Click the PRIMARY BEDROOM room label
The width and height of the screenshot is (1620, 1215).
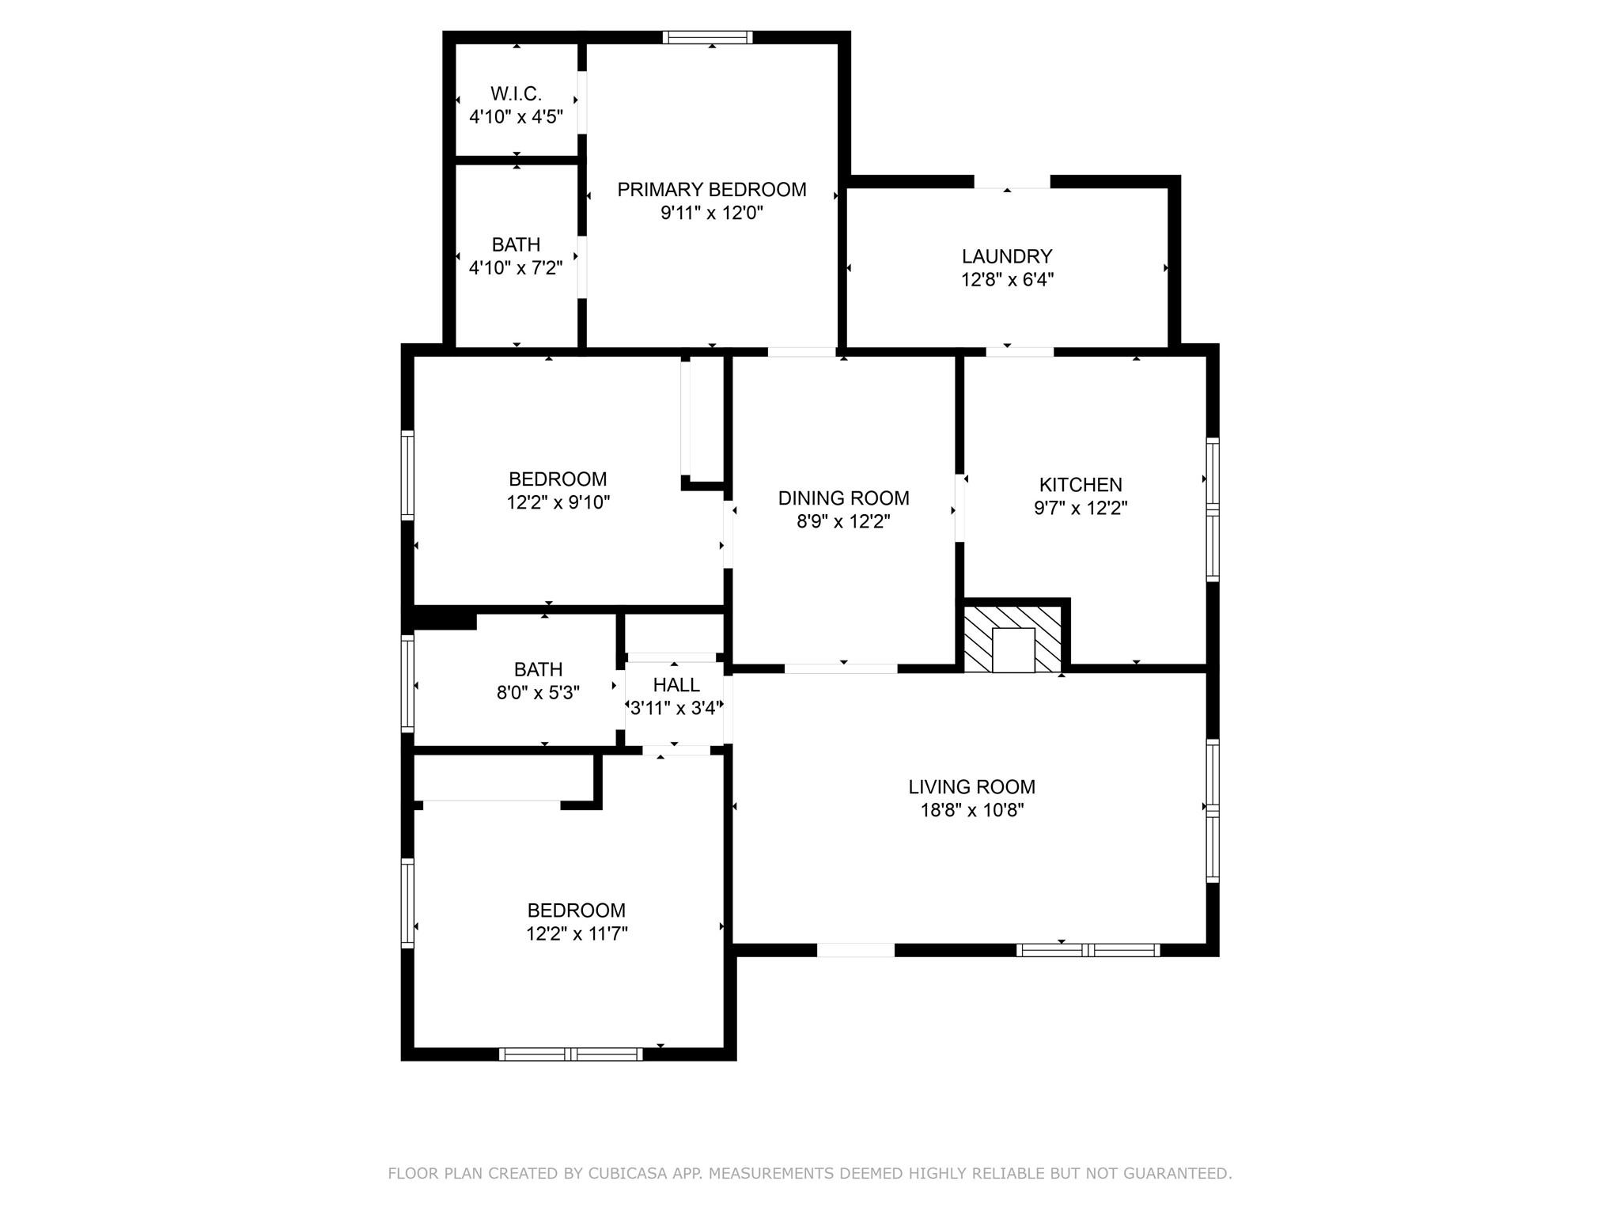pyautogui.click(x=711, y=190)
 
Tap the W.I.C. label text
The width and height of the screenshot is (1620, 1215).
pyautogui.click(x=516, y=94)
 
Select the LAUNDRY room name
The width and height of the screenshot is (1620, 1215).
pyautogui.click(x=1006, y=257)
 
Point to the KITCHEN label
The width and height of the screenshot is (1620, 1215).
pyautogui.click(x=1080, y=485)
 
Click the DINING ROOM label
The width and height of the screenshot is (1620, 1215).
pyautogui.click(x=843, y=498)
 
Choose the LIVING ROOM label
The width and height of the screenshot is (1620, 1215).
pyautogui.click(x=971, y=787)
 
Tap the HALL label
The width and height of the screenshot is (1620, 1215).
pyautogui.click(x=676, y=685)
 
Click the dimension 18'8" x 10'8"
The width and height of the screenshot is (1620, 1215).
pyautogui.click(x=971, y=810)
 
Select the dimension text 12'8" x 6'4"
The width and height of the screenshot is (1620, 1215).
pyautogui.click(x=1007, y=280)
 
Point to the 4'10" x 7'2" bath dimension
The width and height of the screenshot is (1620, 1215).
pyautogui.click(x=516, y=268)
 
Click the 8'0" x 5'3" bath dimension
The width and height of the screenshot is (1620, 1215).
pyautogui.click(x=538, y=693)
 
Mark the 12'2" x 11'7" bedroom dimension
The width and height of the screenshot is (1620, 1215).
pyautogui.click(x=577, y=934)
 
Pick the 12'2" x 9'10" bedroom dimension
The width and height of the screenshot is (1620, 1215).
pyautogui.click(x=558, y=502)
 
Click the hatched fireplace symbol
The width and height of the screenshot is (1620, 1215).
pyautogui.click(x=1012, y=640)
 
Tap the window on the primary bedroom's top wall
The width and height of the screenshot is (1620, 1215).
pyautogui.click(x=707, y=37)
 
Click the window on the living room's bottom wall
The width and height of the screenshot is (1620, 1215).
pyautogui.click(x=1088, y=950)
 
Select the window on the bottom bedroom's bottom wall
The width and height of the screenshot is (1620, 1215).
pyautogui.click(x=570, y=1054)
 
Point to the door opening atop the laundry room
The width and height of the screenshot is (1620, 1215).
pyautogui.click(x=1012, y=182)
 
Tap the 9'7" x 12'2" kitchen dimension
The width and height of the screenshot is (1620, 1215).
pyautogui.click(x=1080, y=508)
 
